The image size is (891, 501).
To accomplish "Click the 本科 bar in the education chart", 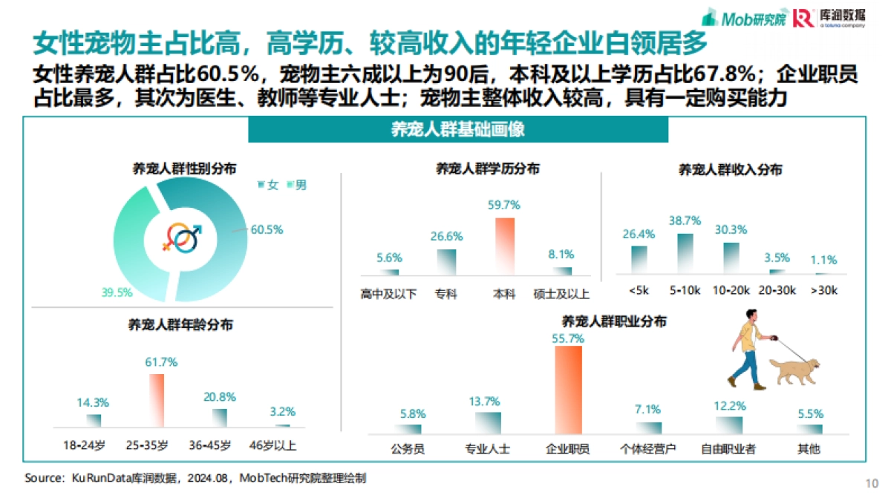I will [x=505, y=246].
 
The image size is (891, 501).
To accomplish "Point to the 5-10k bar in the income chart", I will [x=685, y=255].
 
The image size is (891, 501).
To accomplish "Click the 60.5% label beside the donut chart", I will [x=267, y=230].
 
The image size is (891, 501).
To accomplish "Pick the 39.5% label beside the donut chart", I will [x=117, y=292].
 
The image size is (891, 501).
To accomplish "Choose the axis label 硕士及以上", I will [x=562, y=295].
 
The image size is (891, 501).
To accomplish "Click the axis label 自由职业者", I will [x=728, y=449].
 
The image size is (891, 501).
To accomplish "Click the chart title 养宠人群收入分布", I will [x=730, y=170].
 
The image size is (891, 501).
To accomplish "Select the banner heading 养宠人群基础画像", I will [x=458, y=129].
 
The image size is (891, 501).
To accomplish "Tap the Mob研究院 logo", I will [x=744, y=17].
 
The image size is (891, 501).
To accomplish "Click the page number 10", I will [x=872, y=483].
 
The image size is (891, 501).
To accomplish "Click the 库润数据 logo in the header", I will [x=826, y=18].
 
